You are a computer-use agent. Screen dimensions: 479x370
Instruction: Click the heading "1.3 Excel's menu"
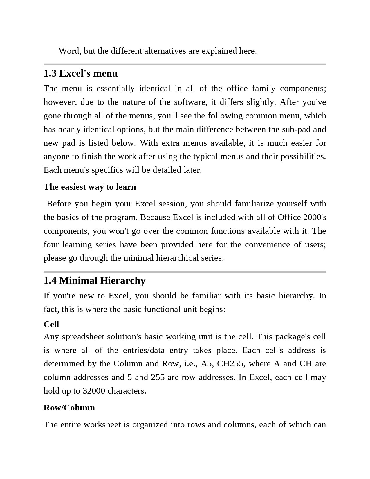coord(80,73)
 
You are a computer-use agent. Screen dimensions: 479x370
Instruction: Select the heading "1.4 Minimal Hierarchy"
coord(94,281)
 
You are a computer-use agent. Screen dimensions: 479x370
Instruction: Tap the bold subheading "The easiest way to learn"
coord(90,187)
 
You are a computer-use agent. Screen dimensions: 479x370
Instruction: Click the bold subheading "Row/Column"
coord(69,408)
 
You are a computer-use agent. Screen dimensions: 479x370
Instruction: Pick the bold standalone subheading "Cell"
coord(51,324)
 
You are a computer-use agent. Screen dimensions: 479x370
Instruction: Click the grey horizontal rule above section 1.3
coord(185,64)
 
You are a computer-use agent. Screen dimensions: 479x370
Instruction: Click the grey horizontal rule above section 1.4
coord(185,272)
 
